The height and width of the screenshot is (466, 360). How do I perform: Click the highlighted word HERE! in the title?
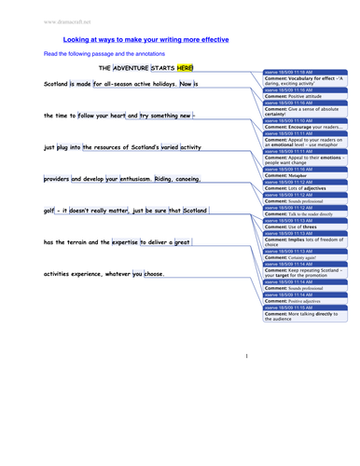pos(186,68)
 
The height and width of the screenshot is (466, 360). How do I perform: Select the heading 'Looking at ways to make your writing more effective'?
pos(145,40)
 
